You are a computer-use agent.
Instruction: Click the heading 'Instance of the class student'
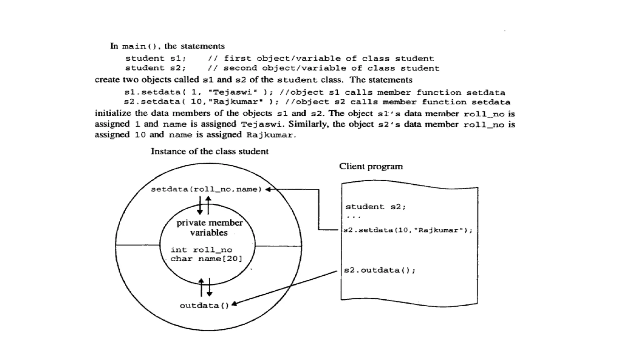click(209, 152)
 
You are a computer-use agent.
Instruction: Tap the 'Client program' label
click(371, 167)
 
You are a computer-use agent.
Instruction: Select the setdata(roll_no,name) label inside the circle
click(206, 189)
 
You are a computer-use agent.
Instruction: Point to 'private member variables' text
click(209, 227)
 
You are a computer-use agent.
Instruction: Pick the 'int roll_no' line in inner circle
click(202, 250)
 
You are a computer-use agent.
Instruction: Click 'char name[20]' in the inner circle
click(206, 259)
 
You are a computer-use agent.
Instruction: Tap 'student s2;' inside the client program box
click(375, 207)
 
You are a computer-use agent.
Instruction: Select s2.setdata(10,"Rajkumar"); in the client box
click(408, 230)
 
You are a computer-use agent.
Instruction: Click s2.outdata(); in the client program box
click(380, 270)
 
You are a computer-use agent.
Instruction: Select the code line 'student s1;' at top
click(156, 58)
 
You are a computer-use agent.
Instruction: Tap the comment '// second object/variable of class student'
click(323, 68)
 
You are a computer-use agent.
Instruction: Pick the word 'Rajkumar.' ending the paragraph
click(271, 135)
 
